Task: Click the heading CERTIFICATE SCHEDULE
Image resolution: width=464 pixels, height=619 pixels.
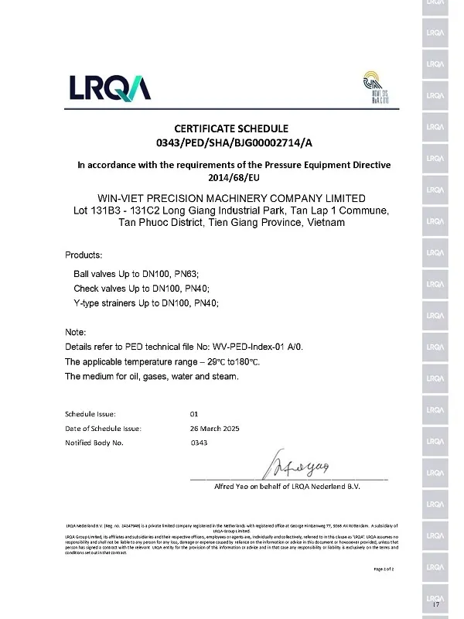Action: click(x=232, y=128)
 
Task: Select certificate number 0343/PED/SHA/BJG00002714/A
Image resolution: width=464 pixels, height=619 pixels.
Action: click(x=232, y=143)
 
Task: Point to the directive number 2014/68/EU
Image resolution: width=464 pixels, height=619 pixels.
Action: click(x=232, y=178)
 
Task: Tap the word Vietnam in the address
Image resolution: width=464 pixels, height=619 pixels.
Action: click(x=322, y=223)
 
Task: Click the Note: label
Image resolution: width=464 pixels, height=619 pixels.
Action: click(x=76, y=333)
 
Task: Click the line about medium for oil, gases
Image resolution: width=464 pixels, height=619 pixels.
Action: click(x=152, y=377)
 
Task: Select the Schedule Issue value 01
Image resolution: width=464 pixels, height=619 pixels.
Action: click(x=194, y=414)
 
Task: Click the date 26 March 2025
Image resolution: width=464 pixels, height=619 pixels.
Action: click(x=216, y=429)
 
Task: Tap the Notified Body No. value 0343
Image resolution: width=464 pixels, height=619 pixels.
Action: click(x=199, y=443)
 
